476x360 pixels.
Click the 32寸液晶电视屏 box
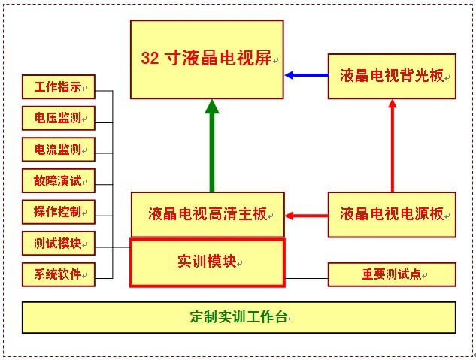point(207,59)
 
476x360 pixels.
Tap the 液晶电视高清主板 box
point(208,214)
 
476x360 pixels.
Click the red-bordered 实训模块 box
point(208,262)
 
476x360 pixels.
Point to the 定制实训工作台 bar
point(239,317)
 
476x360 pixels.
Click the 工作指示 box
point(59,88)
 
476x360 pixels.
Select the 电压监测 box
point(59,119)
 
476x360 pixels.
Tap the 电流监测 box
point(59,150)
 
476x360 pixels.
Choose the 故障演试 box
point(59,180)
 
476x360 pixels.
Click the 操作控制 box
point(59,212)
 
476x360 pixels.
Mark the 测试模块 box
point(59,244)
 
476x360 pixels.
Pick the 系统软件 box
point(59,274)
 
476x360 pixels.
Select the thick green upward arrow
point(212,147)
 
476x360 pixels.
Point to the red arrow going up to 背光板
point(392,147)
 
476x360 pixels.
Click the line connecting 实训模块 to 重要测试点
point(307,278)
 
